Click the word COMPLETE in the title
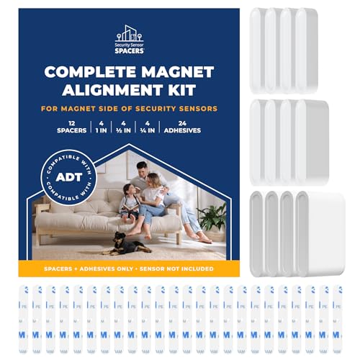(91, 72)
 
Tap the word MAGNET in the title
(177, 72)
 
